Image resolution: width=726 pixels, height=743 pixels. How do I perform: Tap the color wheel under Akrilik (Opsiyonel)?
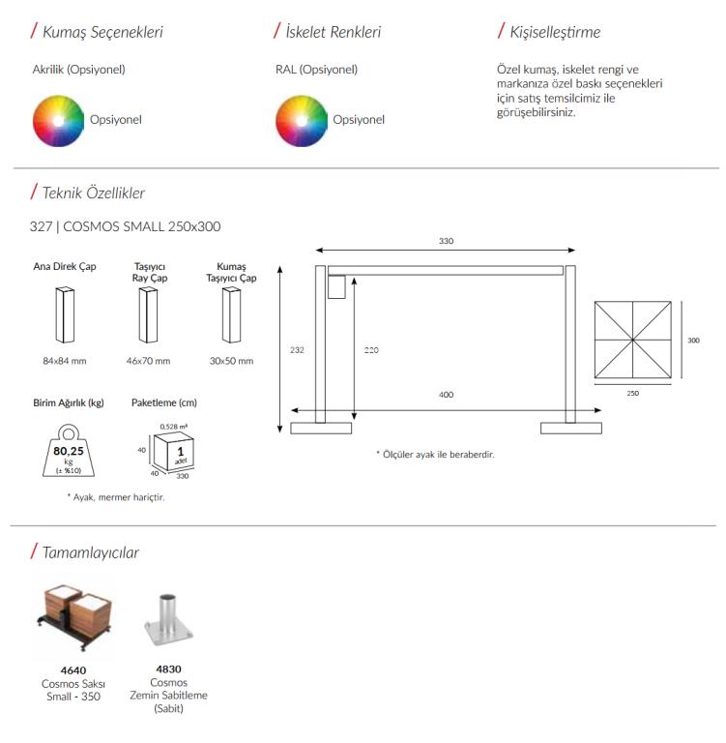tap(58, 121)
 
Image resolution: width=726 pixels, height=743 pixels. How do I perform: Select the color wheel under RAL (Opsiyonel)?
tap(302, 121)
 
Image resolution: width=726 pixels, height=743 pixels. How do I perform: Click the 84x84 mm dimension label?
tap(65, 361)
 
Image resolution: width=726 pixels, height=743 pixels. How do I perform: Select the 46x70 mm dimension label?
tap(148, 361)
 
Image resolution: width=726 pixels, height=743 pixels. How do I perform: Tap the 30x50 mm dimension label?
tap(232, 361)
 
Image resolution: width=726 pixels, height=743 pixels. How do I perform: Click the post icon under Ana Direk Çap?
tap(65, 314)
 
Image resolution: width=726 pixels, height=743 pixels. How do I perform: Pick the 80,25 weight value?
tap(69, 451)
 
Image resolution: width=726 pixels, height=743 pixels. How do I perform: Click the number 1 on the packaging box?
tap(181, 452)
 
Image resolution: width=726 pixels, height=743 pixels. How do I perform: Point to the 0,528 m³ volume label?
tap(173, 427)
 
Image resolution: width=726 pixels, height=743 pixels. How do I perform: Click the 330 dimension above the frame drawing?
tap(446, 241)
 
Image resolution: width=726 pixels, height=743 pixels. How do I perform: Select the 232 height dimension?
tap(297, 350)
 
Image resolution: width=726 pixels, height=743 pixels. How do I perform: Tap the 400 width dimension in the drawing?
tap(446, 395)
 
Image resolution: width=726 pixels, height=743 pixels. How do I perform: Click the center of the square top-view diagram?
tap(632, 340)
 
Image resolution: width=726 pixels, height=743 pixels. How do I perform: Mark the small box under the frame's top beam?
tap(336, 287)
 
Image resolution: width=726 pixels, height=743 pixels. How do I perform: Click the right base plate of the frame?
tap(571, 429)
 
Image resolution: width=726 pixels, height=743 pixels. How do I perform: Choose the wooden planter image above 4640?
tap(73, 617)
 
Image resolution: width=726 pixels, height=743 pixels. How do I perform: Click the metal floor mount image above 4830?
tap(168, 620)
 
